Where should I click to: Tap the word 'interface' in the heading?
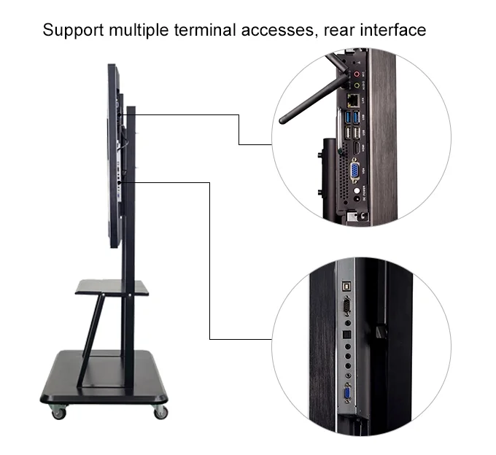pos(388,31)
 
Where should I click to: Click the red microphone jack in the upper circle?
pos(356,74)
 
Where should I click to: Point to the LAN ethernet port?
pos(353,100)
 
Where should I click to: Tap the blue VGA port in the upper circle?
pos(353,172)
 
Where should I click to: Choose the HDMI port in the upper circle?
pos(354,150)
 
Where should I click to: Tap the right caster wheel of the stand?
pos(159,413)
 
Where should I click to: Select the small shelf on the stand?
pos(111,287)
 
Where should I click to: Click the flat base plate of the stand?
pos(102,379)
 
